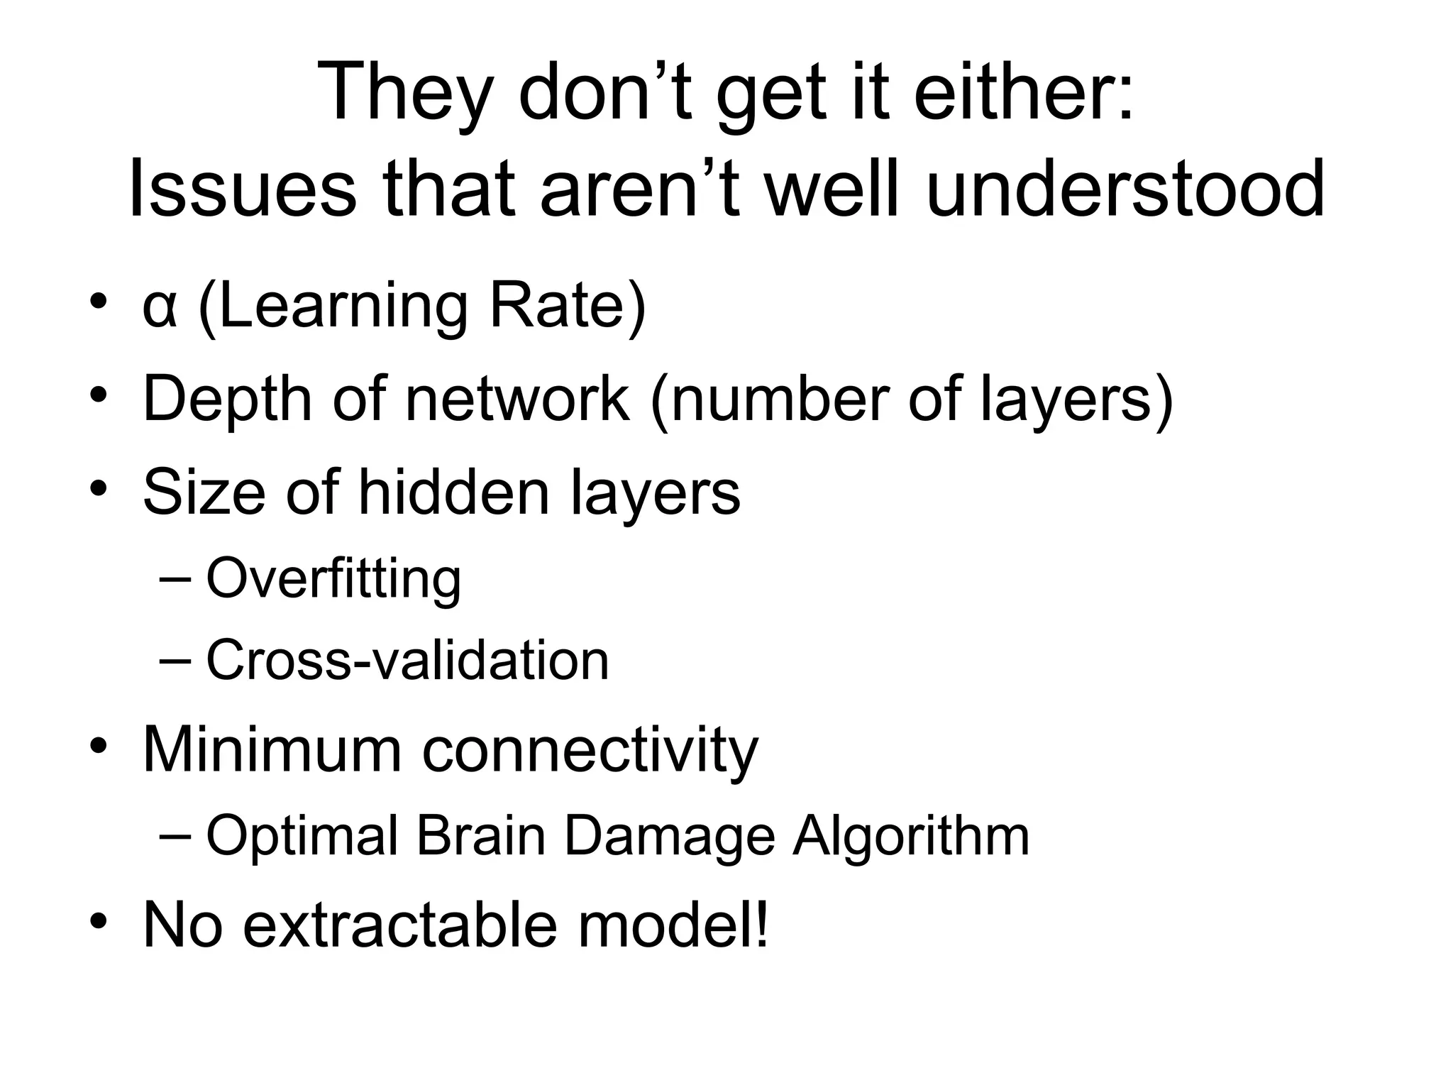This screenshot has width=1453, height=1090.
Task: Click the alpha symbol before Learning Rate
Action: click(159, 309)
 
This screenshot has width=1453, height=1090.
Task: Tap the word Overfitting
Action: click(333, 578)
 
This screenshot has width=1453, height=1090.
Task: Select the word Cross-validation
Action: click(407, 660)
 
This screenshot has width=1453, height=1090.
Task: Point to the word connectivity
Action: click(590, 751)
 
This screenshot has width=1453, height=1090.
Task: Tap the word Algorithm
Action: click(911, 835)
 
